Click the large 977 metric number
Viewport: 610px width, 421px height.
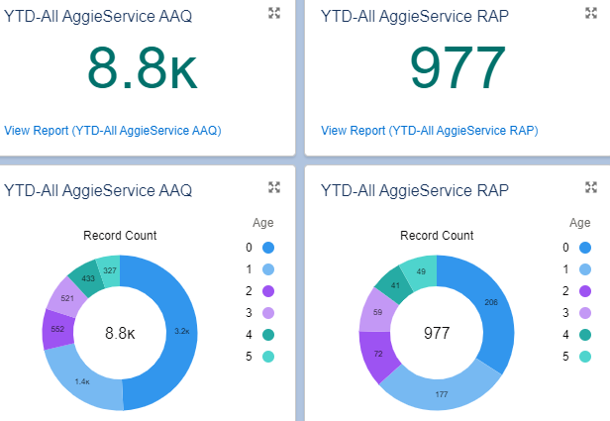[458, 69]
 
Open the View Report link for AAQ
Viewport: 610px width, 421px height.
[112, 130]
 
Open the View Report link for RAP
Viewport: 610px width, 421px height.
[429, 130]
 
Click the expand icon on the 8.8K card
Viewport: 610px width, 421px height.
[274, 13]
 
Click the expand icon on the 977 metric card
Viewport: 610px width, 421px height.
[591, 13]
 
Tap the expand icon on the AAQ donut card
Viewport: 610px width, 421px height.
[274, 187]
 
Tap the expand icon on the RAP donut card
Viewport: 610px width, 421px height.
[591, 187]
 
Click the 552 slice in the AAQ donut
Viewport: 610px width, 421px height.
[57, 329]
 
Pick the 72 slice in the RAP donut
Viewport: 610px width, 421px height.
[375, 354]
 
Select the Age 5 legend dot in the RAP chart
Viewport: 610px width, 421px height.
[585, 357]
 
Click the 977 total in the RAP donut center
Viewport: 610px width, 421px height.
[437, 334]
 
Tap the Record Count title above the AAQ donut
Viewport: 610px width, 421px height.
[120, 236]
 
